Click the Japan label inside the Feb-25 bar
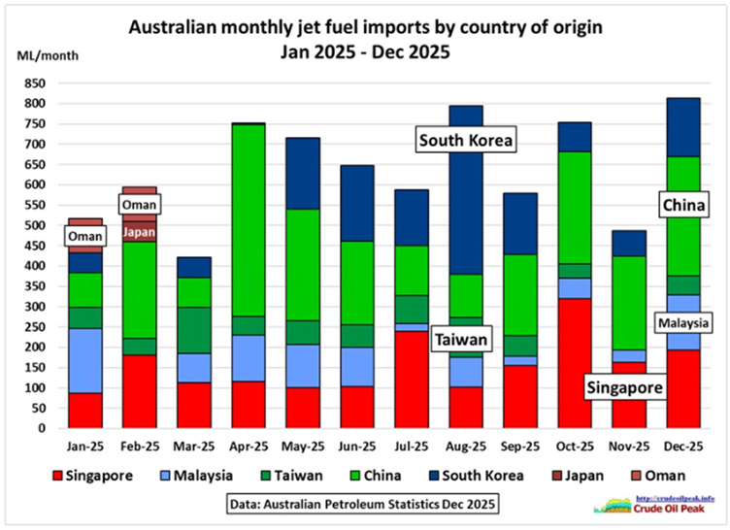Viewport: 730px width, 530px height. point(140,231)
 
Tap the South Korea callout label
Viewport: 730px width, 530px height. point(465,141)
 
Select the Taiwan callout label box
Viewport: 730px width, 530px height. point(462,339)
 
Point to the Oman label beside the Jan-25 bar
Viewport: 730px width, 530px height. point(85,236)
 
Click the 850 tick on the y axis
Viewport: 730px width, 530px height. point(43,83)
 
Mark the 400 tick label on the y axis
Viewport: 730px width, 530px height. point(43,266)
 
